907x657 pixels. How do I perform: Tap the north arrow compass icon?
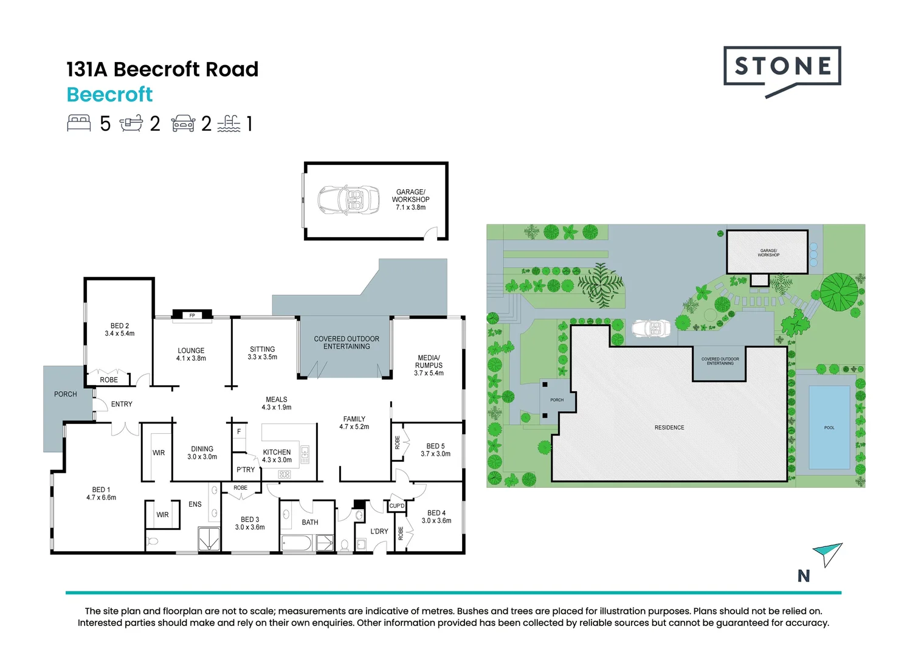[828, 553]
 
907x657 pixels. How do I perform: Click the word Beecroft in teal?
[109, 95]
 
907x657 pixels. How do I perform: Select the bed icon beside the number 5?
[79, 123]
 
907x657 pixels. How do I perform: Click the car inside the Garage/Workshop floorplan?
[341, 200]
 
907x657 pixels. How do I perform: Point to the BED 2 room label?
[119, 330]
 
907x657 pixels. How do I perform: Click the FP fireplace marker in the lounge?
[192, 315]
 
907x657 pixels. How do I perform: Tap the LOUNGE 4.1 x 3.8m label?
[191, 355]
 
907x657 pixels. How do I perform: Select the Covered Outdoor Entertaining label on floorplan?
[346, 342]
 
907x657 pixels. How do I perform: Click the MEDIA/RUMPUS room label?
[429, 365]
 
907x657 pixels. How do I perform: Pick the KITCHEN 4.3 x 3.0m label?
[277, 456]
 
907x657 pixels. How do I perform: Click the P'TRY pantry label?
[246, 470]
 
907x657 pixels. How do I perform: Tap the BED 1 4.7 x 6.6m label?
[101, 493]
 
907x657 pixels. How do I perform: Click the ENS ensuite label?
[195, 504]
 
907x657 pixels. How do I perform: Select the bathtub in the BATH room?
[297, 543]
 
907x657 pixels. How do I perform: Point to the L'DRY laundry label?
[379, 531]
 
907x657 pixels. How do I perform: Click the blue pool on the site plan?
[829, 427]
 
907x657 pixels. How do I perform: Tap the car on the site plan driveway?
[651, 328]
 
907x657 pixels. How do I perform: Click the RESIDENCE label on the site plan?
[669, 428]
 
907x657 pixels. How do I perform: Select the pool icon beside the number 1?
[229, 123]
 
